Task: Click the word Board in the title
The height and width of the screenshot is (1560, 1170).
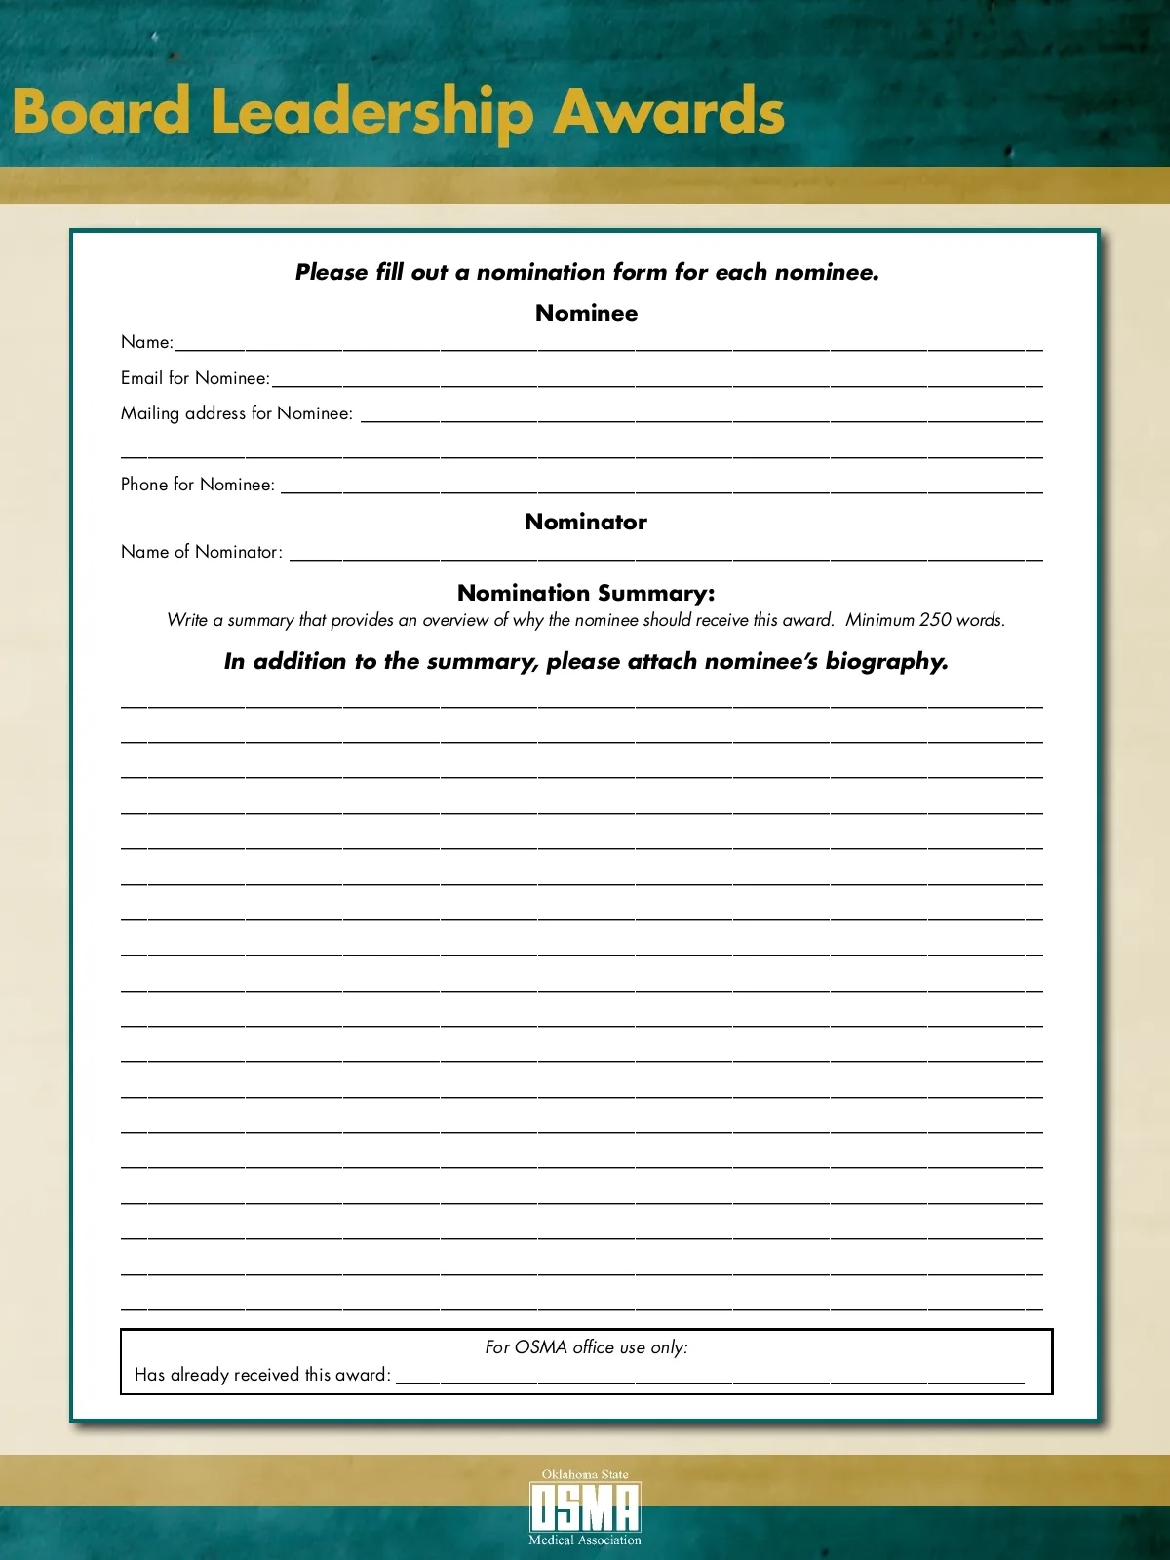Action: [101, 111]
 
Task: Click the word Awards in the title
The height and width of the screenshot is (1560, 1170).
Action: [669, 111]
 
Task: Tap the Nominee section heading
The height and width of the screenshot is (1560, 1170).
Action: [586, 313]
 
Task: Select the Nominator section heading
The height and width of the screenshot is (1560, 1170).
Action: [585, 522]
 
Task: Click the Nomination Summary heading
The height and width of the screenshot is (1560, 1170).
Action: [586, 593]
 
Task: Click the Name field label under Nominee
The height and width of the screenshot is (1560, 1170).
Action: [146, 342]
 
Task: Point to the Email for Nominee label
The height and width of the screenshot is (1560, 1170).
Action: [195, 378]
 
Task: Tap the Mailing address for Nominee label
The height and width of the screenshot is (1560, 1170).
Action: [237, 413]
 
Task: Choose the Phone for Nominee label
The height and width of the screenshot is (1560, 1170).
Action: [198, 485]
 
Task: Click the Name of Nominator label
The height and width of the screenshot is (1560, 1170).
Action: [202, 552]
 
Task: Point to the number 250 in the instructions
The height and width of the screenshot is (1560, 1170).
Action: [934, 620]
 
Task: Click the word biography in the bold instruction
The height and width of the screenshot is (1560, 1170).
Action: [886, 662]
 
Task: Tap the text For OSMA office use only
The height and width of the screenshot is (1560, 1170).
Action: [586, 1347]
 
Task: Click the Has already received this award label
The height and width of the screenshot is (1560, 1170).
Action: [262, 1375]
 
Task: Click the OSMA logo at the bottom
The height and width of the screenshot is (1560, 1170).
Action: [585, 1507]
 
